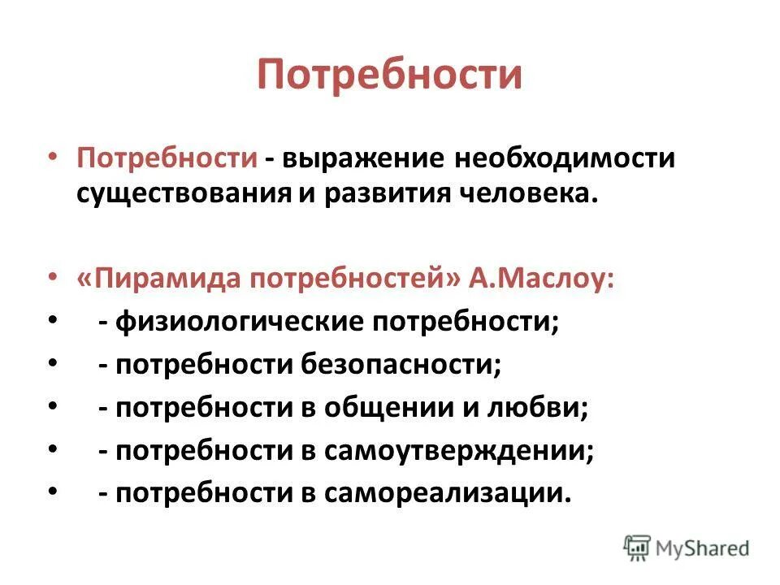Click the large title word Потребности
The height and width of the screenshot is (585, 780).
[x=389, y=75]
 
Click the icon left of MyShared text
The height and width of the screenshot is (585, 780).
[x=637, y=547]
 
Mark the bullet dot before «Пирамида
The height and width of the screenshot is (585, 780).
[x=54, y=278]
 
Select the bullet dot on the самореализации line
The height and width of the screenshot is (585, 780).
[x=54, y=492]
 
